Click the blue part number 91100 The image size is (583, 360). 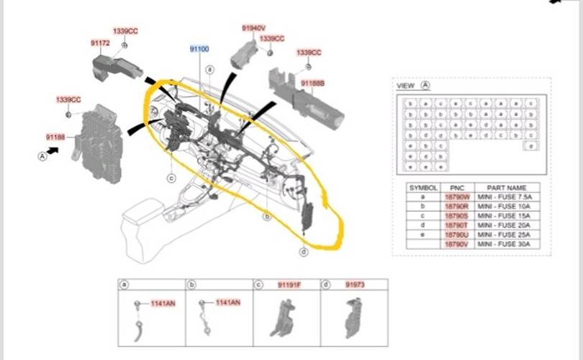[x=199, y=48]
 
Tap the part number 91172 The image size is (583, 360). [x=100, y=43]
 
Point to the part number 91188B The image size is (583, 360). [x=313, y=84]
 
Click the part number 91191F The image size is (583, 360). [x=289, y=285]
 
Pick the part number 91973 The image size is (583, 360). [x=355, y=285]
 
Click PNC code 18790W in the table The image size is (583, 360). [x=457, y=196]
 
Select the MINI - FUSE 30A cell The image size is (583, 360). [x=507, y=244]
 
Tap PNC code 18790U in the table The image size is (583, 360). [x=457, y=235]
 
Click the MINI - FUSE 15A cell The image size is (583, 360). [x=507, y=215]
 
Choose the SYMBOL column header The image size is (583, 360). [x=422, y=186]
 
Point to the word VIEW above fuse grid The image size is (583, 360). [x=406, y=86]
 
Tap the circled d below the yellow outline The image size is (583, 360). [x=304, y=251]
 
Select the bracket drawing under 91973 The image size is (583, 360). [x=355, y=317]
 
